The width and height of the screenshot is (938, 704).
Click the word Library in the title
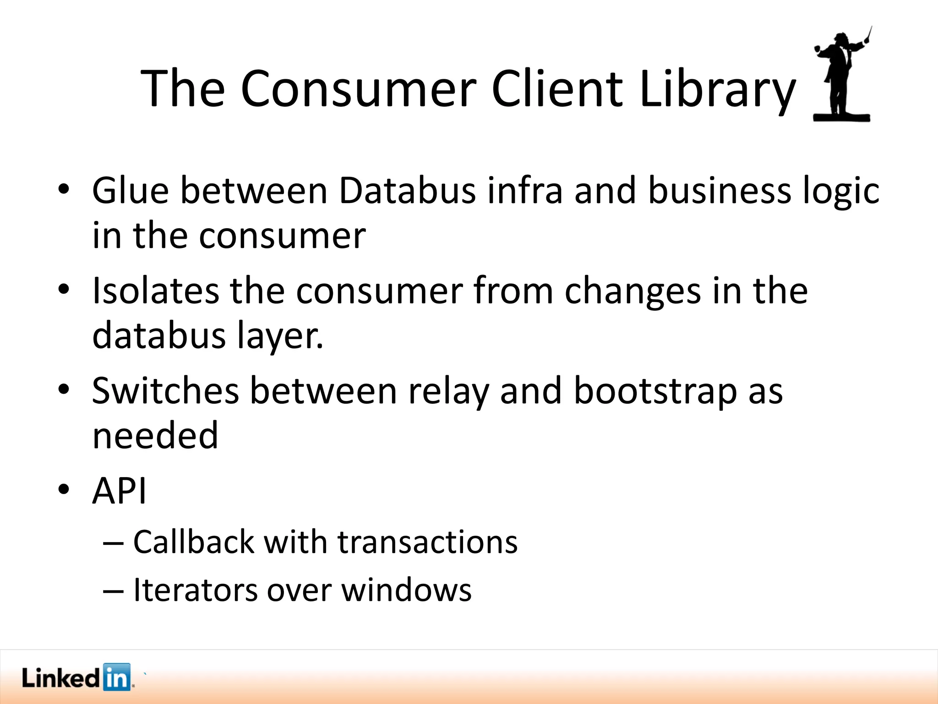(x=717, y=89)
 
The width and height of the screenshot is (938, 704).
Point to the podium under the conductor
(x=841, y=117)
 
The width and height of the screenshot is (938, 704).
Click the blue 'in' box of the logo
(x=117, y=677)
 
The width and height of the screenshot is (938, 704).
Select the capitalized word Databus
(x=407, y=191)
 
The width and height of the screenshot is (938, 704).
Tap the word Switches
(x=165, y=390)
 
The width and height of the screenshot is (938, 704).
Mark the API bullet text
(x=119, y=491)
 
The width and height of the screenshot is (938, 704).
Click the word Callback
(x=194, y=542)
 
